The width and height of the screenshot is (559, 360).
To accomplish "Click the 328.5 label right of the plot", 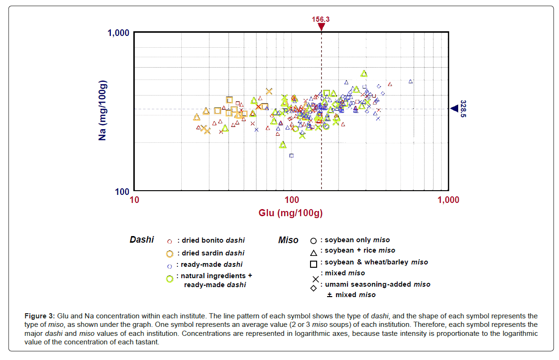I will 463,109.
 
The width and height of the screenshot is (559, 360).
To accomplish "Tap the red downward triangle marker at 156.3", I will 321,27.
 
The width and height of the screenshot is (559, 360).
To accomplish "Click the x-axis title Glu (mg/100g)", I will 291,213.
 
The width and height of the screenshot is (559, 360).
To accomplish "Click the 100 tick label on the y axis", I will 123,192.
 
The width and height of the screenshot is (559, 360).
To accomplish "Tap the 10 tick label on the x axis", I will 134,200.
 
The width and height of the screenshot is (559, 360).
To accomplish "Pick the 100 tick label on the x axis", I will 291,200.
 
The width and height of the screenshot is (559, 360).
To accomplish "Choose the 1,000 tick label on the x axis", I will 448,200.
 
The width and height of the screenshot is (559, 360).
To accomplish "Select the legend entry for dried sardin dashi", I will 210,253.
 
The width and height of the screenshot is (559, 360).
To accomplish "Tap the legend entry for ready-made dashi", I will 209,264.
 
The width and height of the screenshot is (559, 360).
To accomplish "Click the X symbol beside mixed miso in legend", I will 315,279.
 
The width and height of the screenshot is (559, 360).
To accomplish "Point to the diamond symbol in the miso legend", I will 313,288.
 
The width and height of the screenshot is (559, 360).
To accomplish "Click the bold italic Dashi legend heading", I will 142,240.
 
